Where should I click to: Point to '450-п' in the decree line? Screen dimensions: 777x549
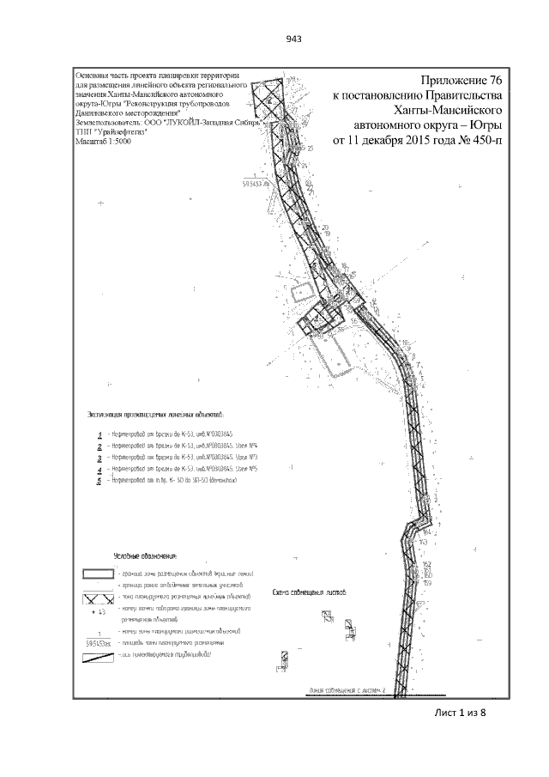click(482, 140)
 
